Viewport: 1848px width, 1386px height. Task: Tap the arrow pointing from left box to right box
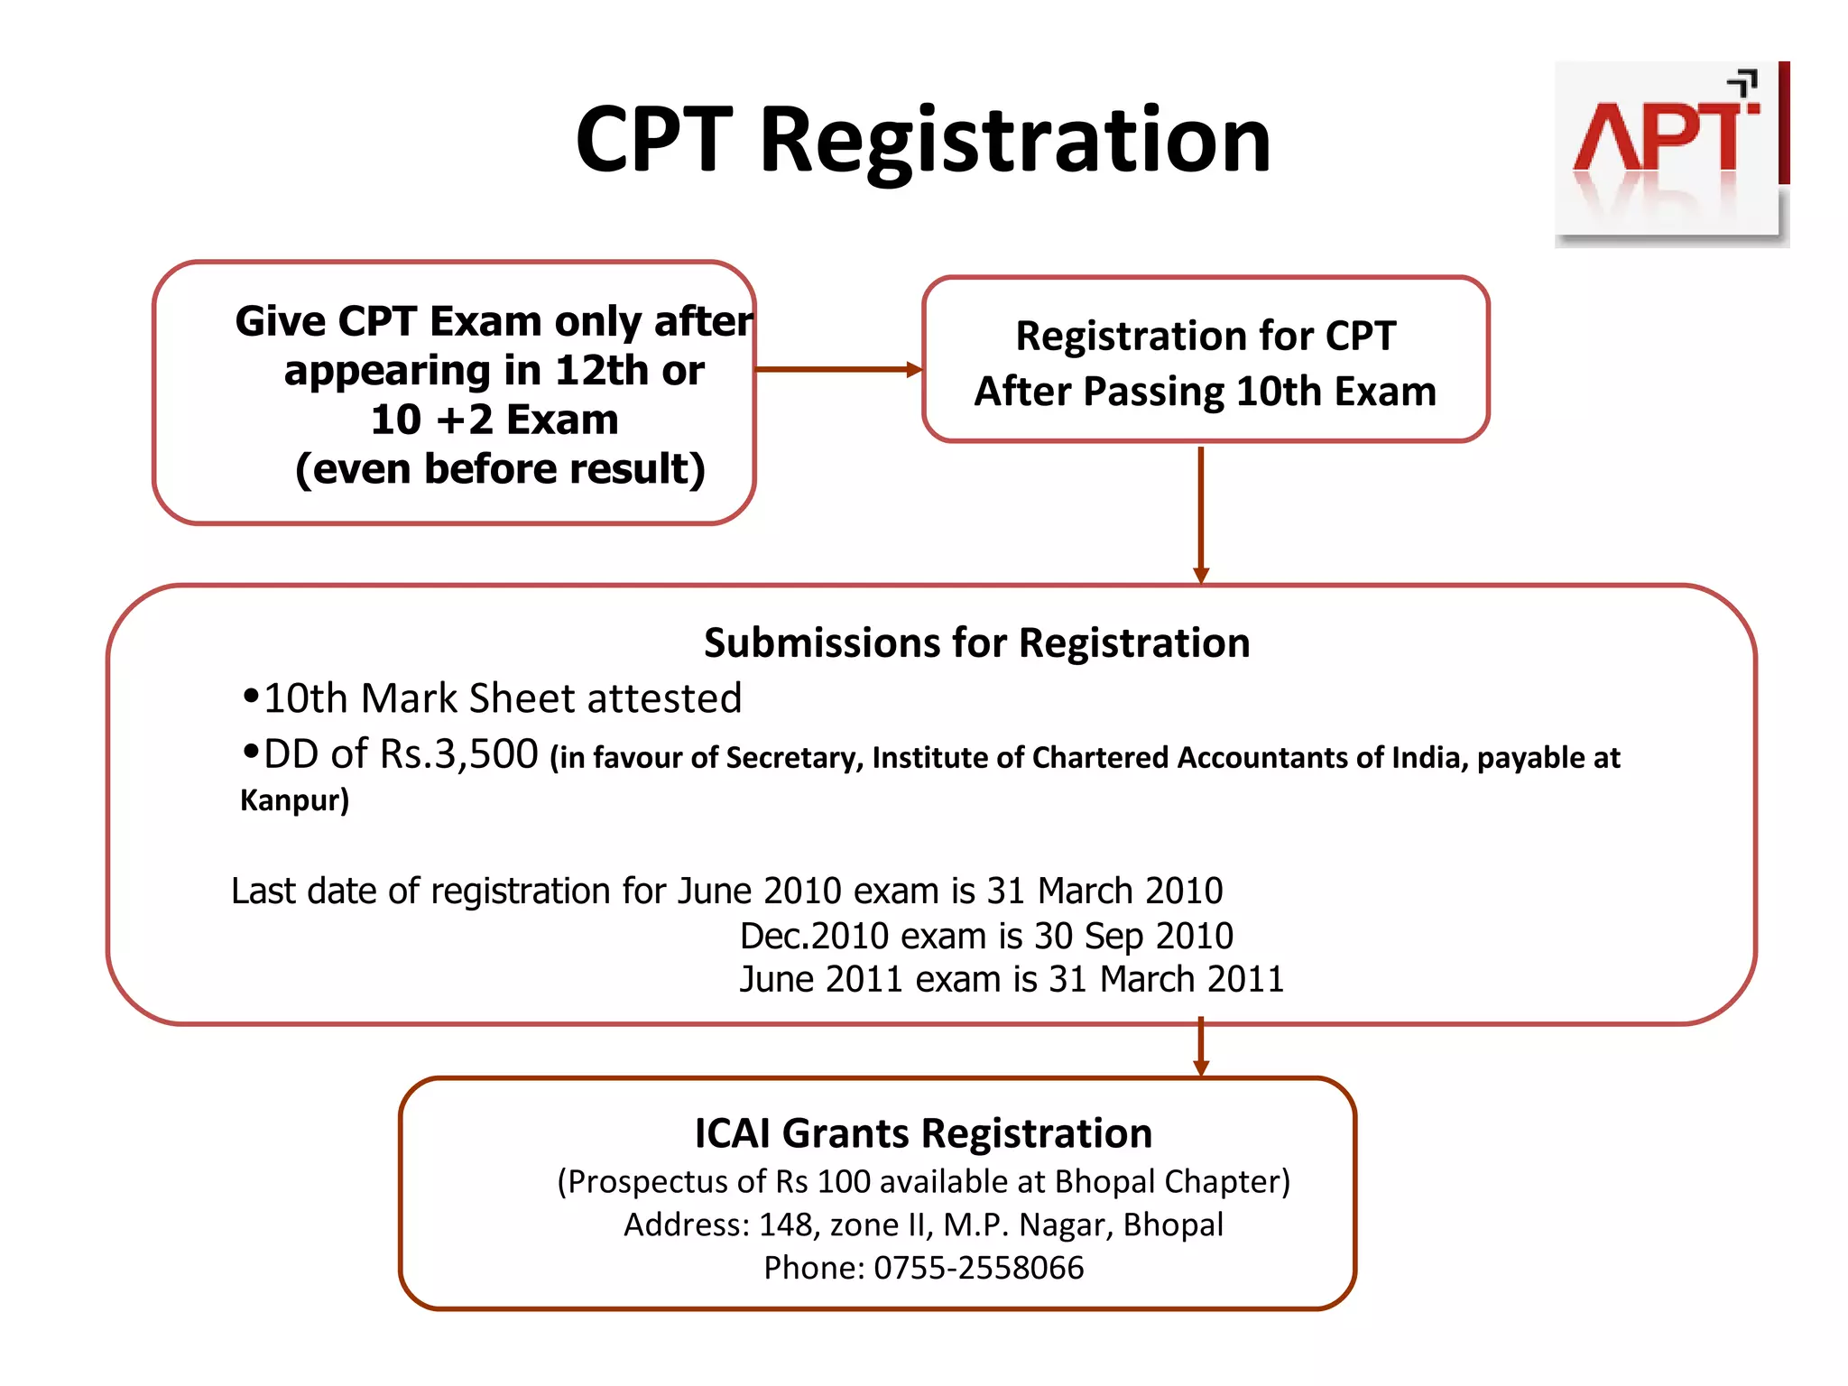pyautogui.click(x=837, y=369)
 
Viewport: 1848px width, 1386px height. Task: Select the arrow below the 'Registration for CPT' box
pyautogui.click(x=1200, y=514)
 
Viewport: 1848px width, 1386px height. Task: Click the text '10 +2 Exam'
pyautogui.click(x=494, y=420)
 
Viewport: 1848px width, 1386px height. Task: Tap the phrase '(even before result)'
pyautogui.click(x=500, y=469)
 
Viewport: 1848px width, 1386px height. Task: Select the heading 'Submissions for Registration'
pyautogui.click(x=976, y=642)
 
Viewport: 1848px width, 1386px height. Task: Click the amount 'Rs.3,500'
pyautogui.click(x=458, y=754)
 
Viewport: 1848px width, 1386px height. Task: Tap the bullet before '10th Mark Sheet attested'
pyautogui.click(x=251, y=697)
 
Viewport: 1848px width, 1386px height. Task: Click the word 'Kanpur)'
pyautogui.click(x=294, y=800)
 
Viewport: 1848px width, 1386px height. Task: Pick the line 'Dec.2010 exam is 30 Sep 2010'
pyautogui.click(x=985, y=936)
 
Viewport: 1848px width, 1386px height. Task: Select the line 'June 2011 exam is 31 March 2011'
pyautogui.click(x=1011, y=979)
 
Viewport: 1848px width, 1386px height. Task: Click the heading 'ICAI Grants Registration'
pyautogui.click(x=923, y=1133)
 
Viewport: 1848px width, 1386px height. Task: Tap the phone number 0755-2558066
pyautogui.click(x=978, y=1268)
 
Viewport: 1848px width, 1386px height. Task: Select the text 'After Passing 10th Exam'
pyautogui.click(x=1205, y=392)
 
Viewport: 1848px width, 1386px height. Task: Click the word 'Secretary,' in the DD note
pyautogui.click(x=794, y=758)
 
